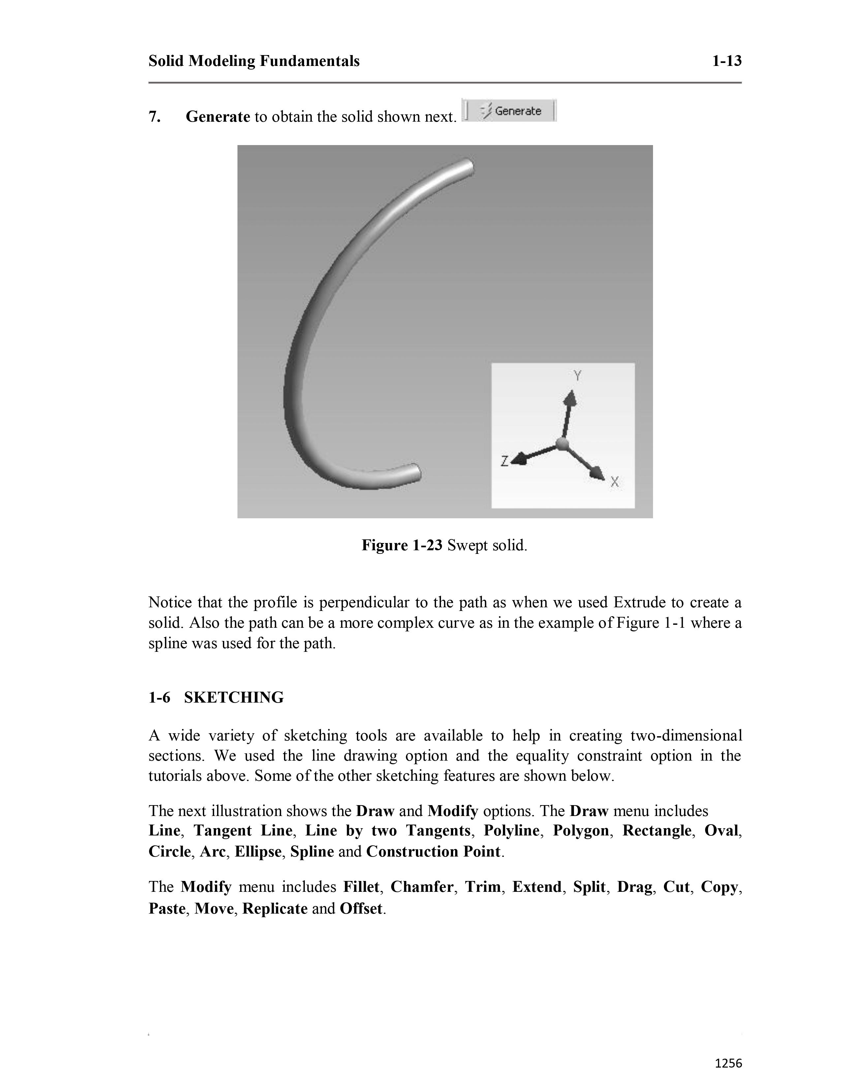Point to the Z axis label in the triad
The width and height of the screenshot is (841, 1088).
coord(504,461)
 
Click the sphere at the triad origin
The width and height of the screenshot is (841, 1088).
coord(562,444)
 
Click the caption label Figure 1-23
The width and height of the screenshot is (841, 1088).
coord(402,546)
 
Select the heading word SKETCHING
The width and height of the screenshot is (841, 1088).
coord(234,697)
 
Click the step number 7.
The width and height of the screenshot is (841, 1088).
coord(154,117)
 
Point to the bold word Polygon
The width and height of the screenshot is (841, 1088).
coord(581,831)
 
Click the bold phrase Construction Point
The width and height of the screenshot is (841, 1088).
coord(433,851)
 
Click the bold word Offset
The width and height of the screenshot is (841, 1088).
coord(361,908)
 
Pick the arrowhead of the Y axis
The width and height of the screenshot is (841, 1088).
coord(570,398)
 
